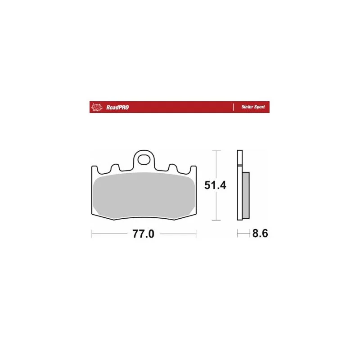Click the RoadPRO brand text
pos(117,107)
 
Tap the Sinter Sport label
pos(253,107)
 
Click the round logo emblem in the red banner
pos(97,107)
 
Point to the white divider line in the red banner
pos(234,107)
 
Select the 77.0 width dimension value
pos(143,234)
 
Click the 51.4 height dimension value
pos(215,185)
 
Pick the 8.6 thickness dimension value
pos(260,234)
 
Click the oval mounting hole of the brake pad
pos(144,159)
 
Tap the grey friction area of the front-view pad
pos(144,195)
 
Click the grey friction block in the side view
pos(246,195)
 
